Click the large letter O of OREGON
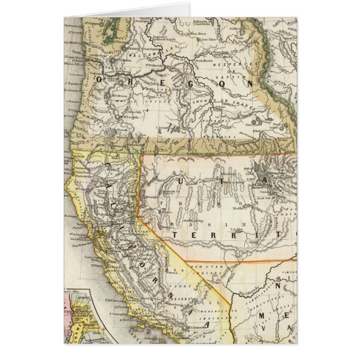(x=102, y=79)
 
